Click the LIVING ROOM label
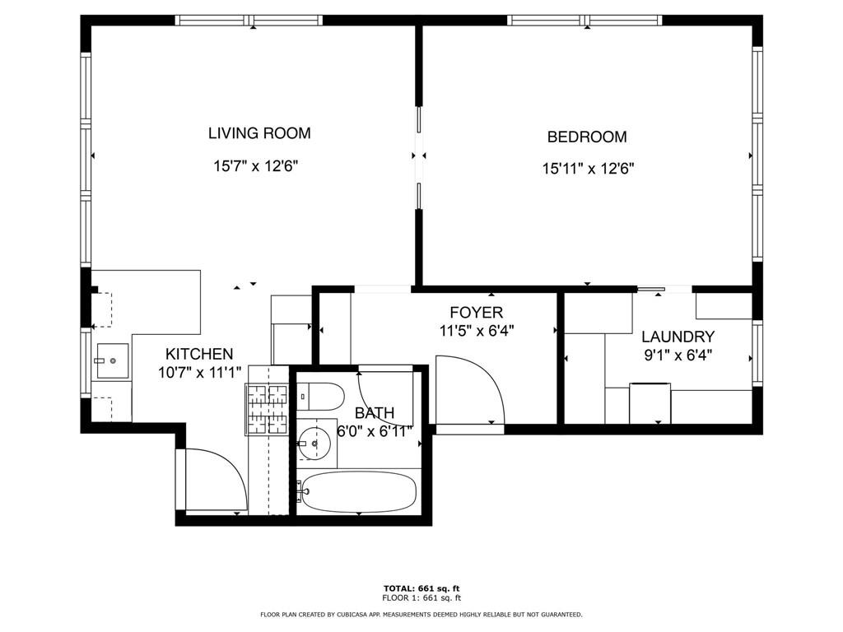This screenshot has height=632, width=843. (258, 133)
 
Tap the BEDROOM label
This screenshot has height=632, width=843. (587, 137)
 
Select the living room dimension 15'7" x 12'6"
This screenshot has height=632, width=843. (255, 165)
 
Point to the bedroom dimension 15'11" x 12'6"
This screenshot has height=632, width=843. (587, 169)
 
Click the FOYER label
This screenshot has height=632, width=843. (476, 313)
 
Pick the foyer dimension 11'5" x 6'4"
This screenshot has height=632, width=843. (477, 331)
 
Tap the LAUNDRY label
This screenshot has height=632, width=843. (678, 337)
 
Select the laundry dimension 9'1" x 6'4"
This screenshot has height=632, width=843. (677, 355)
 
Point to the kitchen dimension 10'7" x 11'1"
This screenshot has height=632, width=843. (199, 373)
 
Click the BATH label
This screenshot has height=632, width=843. (375, 412)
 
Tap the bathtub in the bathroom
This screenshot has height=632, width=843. (359, 490)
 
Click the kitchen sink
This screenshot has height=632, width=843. (112, 360)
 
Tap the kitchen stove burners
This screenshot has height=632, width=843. (266, 409)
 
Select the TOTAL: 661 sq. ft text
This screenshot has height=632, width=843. (421, 588)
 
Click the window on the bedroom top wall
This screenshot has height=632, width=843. (585, 20)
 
